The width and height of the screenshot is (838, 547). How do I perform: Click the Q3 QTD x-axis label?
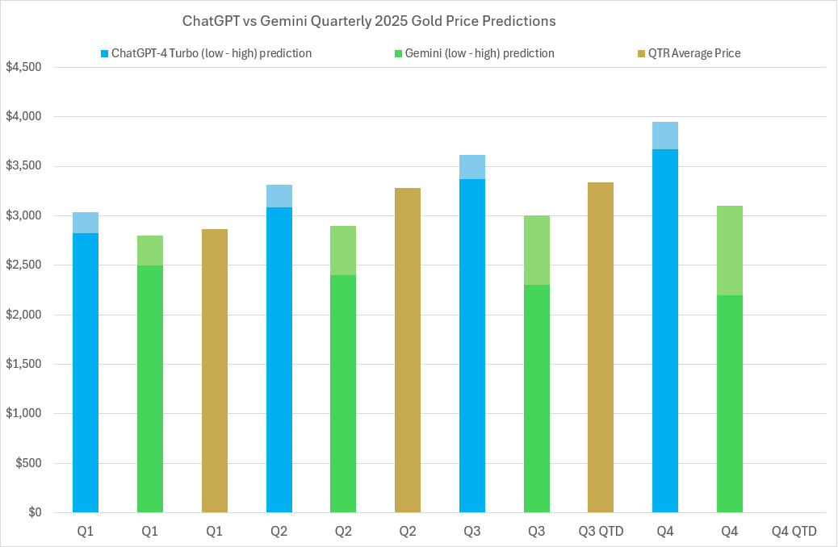(x=601, y=532)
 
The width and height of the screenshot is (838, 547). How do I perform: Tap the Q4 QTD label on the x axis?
(x=794, y=532)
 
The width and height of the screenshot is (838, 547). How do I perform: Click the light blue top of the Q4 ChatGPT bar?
(x=665, y=136)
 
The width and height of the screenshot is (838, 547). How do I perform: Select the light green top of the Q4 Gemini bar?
(x=730, y=250)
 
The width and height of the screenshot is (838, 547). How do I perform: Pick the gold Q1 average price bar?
(x=215, y=371)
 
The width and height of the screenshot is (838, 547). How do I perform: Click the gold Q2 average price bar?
(x=408, y=350)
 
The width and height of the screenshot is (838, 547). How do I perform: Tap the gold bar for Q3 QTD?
(x=601, y=347)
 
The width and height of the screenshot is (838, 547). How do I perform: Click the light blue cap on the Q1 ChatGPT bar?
(x=86, y=223)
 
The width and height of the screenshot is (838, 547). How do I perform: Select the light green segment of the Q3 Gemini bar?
(x=537, y=250)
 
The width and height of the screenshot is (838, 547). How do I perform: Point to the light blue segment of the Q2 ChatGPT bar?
(x=279, y=196)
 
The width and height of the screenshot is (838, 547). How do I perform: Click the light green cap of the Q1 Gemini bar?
(x=150, y=250)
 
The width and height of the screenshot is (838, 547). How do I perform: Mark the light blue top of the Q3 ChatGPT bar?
(x=472, y=167)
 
